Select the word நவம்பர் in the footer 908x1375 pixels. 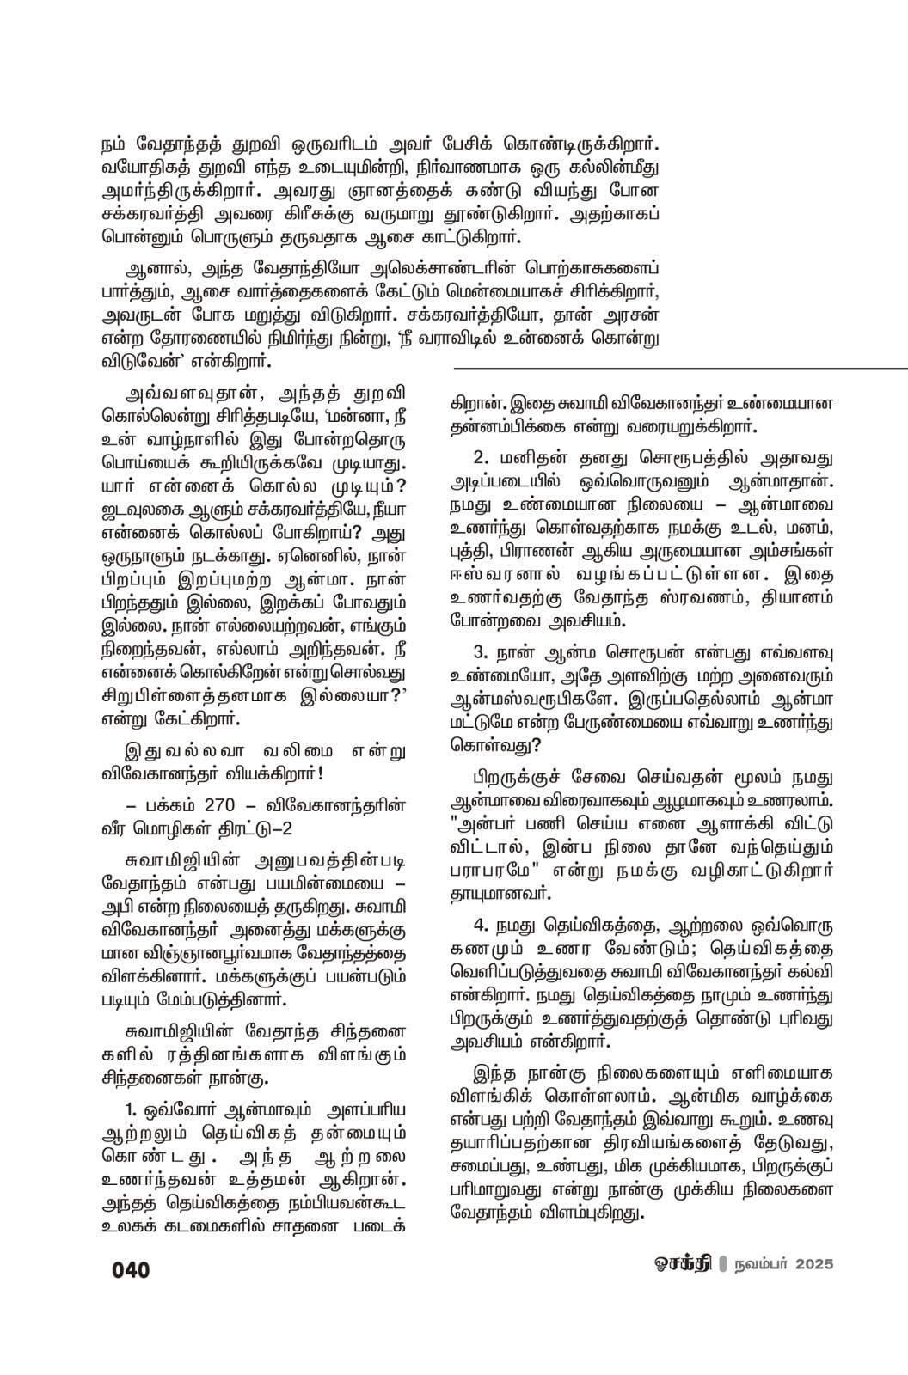click(758, 1266)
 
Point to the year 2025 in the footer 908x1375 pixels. click(813, 1266)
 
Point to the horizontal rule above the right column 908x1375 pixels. click(680, 368)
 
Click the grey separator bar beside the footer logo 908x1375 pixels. click(722, 1266)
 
